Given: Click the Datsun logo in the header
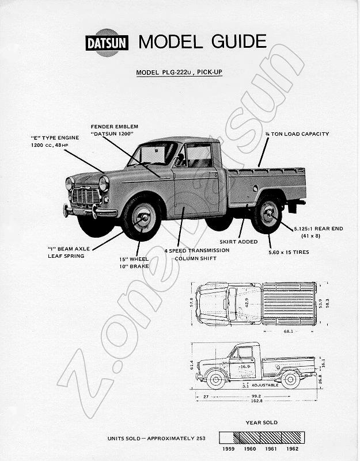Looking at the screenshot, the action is pos(107,43).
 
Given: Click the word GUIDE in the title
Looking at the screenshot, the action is pos(238,41).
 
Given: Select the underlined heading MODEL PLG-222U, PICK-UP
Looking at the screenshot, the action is pos(179,73).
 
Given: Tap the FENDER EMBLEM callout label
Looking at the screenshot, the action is pos(115,127).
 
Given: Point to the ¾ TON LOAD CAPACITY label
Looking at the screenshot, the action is pos(297,134).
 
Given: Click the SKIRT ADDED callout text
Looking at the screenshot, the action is pos(238,242).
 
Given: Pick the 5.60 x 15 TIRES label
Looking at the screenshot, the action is pos(289,252).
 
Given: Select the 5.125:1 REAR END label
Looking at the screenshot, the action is pos(319,228).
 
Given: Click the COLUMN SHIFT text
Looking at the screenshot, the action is pos(196,258).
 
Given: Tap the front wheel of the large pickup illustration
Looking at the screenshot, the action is pos(142,218).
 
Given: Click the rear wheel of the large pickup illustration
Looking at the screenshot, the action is pos(268,213).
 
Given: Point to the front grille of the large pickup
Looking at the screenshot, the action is pos(86,196).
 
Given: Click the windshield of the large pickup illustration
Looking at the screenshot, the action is pos(154,154).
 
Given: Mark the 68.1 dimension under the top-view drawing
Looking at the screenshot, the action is pos(289,332).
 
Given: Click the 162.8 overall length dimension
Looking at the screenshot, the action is pos(257,401).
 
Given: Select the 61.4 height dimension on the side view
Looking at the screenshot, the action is pos(192,365).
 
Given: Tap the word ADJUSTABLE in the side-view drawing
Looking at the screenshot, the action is pos(265,385).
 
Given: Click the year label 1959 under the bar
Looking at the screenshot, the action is pos(229,449).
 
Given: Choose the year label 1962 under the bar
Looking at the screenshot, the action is pos(292,449).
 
